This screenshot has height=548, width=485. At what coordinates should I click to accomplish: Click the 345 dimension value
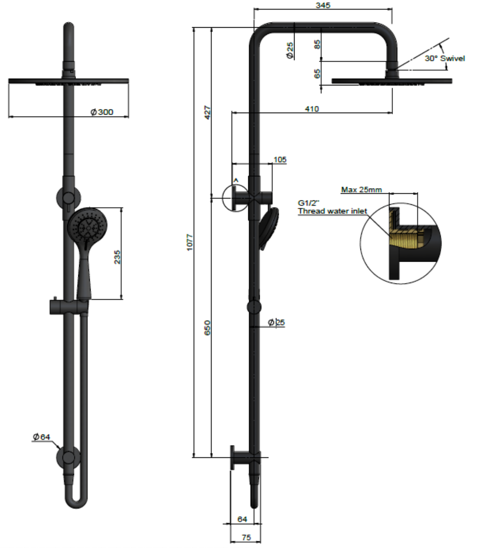click(323, 5)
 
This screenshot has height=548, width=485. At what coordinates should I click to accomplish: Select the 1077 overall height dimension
click(190, 242)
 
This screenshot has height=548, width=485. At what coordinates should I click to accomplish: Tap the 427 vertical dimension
click(208, 113)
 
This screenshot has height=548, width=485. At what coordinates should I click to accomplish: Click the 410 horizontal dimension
click(312, 109)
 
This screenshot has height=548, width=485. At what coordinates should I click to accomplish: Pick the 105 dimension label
click(280, 159)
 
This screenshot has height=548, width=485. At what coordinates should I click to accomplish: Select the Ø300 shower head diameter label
click(102, 112)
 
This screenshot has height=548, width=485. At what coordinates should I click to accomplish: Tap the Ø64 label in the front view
click(42, 436)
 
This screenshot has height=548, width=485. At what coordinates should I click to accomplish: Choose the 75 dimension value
click(246, 537)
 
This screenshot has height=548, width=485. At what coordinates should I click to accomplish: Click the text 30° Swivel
click(444, 58)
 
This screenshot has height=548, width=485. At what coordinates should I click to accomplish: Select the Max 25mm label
click(361, 190)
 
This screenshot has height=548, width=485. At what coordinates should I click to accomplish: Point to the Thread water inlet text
click(333, 211)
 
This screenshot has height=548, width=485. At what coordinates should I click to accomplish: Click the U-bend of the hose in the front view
click(76, 499)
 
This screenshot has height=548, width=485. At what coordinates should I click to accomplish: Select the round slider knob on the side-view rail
click(254, 306)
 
